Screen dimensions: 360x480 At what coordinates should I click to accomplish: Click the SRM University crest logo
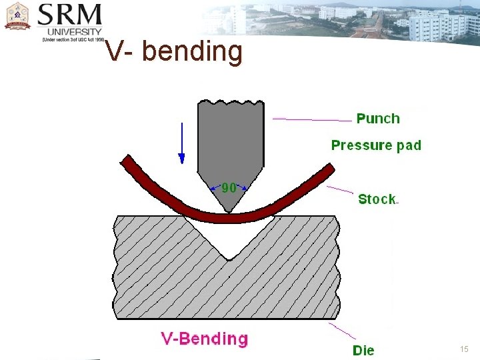(x=18, y=17)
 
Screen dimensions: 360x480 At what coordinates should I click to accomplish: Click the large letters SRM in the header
(x=70, y=15)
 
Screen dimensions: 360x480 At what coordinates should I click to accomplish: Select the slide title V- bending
(x=175, y=51)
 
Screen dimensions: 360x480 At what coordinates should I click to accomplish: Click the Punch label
(x=378, y=119)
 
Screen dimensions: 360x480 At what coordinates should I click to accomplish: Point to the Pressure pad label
(x=376, y=145)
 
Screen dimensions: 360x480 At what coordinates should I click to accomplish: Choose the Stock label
(x=377, y=199)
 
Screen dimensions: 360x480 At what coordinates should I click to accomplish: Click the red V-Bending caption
(x=204, y=339)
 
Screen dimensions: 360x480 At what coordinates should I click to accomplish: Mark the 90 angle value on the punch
(x=229, y=188)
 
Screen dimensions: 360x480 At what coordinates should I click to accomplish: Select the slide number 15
(x=465, y=349)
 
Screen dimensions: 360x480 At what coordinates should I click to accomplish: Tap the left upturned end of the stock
(x=126, y=161)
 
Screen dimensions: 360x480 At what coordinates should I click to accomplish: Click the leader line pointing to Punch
(x=312, y=120)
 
